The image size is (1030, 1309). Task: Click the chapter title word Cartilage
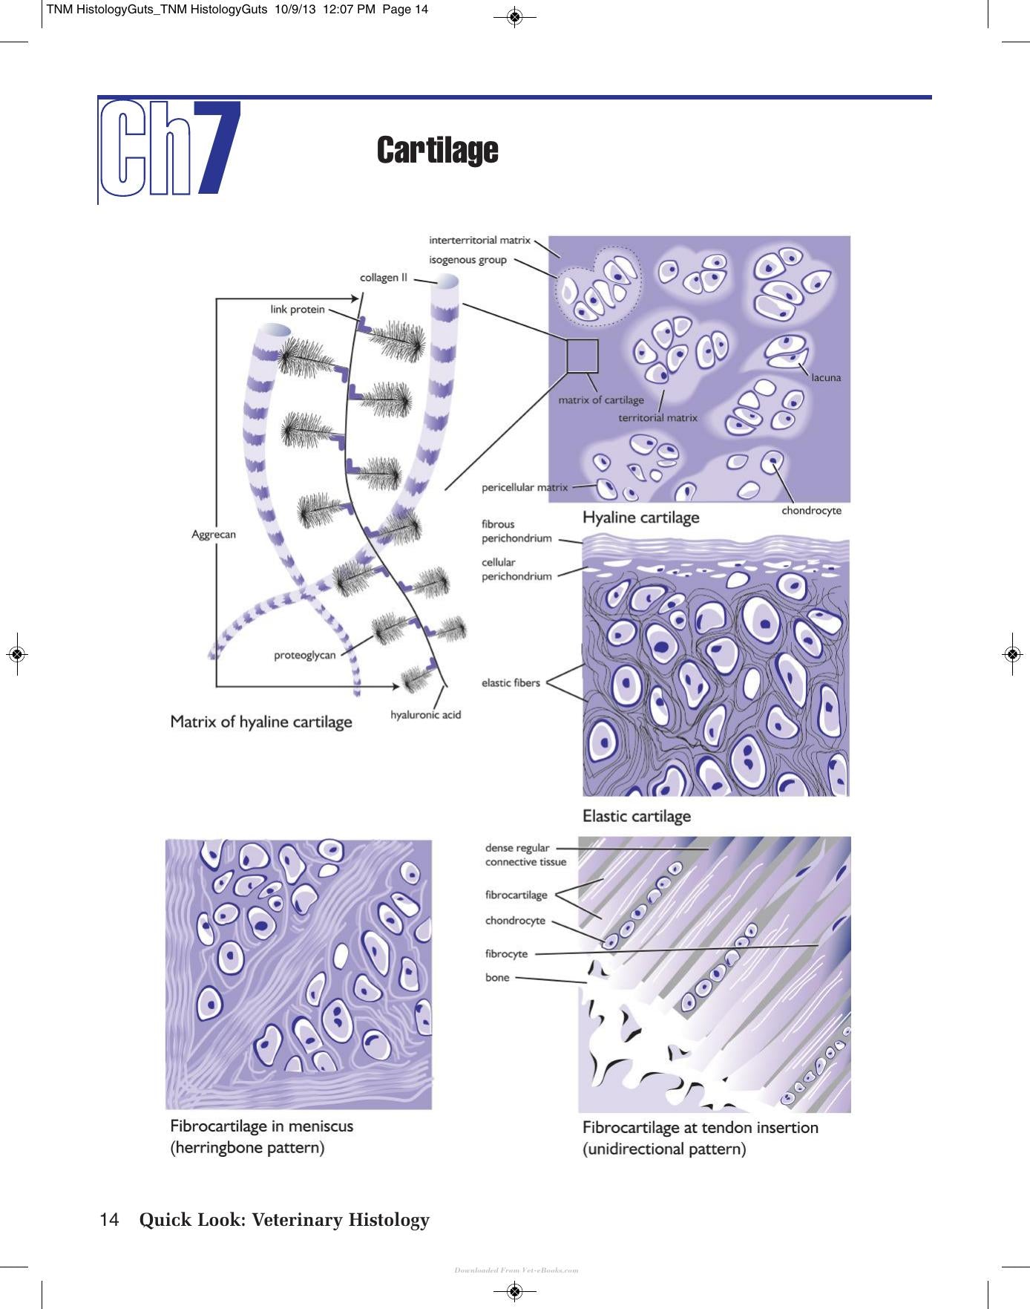437,150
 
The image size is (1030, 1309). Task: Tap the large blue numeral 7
217,148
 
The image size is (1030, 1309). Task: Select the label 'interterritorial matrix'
479,240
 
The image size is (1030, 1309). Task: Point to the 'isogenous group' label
468,260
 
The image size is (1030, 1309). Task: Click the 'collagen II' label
384,278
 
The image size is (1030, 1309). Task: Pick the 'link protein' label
298,310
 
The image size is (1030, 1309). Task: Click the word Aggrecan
214,535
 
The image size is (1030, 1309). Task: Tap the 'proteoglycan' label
305,655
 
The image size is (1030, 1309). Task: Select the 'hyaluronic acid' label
426,714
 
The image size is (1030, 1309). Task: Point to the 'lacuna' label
826,377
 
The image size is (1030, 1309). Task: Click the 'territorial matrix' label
658,418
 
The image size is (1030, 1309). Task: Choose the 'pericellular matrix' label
525,488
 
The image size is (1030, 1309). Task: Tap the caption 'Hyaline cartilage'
641,518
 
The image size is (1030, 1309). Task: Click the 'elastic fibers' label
511,683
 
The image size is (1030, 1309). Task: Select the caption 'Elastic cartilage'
637,816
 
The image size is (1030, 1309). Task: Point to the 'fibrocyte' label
507,954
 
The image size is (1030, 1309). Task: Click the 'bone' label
497,977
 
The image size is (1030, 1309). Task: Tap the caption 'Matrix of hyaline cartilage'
261,722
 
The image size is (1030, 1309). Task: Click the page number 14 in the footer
109,1220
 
